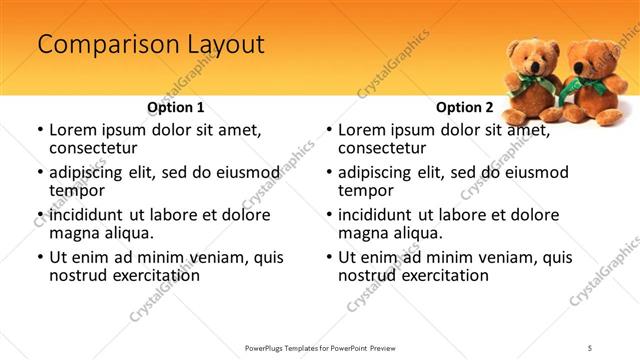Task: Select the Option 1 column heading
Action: (x=175, y=107)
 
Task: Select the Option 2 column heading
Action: (x=465, y=107)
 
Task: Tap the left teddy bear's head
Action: (x=528, y=57)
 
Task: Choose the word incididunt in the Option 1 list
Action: (x=93, y=215)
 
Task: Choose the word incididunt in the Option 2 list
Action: (x=383, y=215)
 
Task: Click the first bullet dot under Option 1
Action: (x=39, y=131)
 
